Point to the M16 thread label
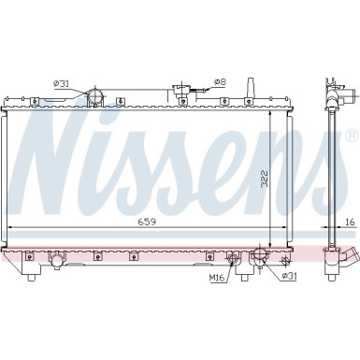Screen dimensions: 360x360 [x=218, y=277]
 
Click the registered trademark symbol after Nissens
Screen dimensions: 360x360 [x=351, y=136]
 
